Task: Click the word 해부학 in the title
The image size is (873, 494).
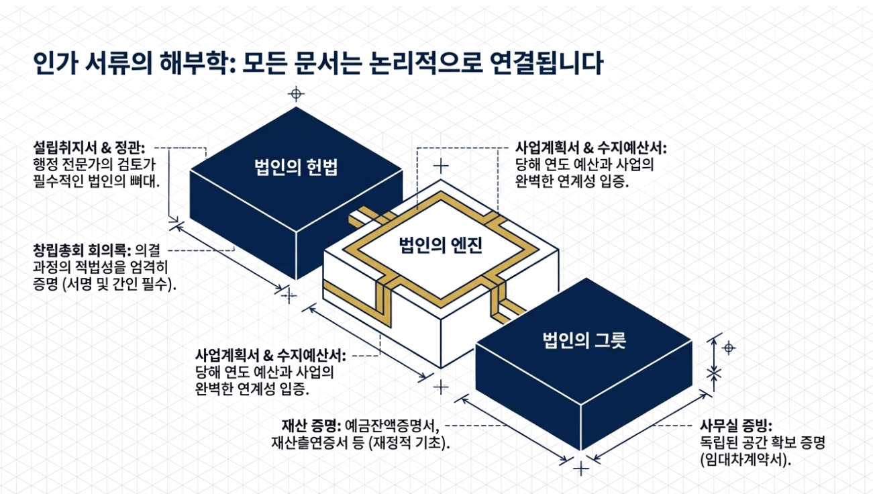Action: [x=197, y=63]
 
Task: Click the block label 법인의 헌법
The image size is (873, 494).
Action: [x=296, y=167]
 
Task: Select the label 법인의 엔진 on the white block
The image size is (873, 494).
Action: [x=441, y=245]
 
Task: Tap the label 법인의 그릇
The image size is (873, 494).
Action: [x=584, y=340]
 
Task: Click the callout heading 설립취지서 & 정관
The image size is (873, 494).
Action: [x=89, y=148]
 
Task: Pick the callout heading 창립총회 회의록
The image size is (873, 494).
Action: [x=82, y=250]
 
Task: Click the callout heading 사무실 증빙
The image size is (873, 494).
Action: [x=736, y=426]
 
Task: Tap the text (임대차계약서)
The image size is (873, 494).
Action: [x=746, y=460]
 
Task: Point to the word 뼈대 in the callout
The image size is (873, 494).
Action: [x=144, y=182]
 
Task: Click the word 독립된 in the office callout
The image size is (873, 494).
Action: [x=721, y=442]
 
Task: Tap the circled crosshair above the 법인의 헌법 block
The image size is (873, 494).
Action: [x=296, y=94]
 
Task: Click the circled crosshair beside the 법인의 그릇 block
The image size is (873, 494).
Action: [x=729, y=348]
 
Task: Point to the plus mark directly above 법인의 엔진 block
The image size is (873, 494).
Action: [x=441, y=166]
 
